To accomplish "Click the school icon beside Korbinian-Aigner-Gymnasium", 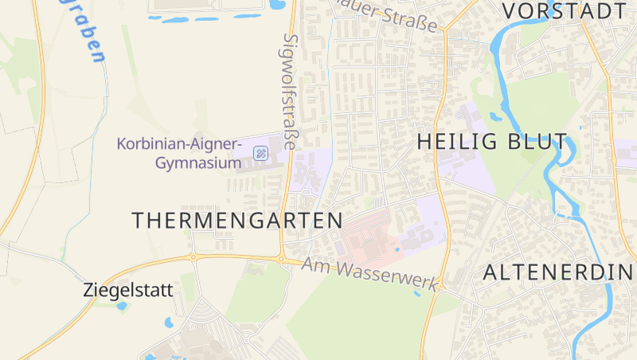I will tap(260, 152).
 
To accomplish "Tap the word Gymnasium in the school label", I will tap(197, 163).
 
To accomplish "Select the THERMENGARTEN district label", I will tap(237, 221).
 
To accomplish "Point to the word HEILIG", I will tap(455, 142).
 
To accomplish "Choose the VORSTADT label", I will tap(565, 11).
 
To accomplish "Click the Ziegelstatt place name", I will tap(127, 291).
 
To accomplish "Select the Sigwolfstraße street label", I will tap(291, 92).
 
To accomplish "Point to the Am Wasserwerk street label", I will tap(371, 273).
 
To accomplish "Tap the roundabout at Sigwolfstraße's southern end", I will tap(282, 257).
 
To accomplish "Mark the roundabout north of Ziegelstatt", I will tap(192, 257).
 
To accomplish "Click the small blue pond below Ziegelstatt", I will tap(168, 323).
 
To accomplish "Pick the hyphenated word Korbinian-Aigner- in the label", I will tap(179, 145).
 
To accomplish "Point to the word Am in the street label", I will tap(316, 264).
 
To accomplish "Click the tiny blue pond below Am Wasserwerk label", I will tap(416, 293).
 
